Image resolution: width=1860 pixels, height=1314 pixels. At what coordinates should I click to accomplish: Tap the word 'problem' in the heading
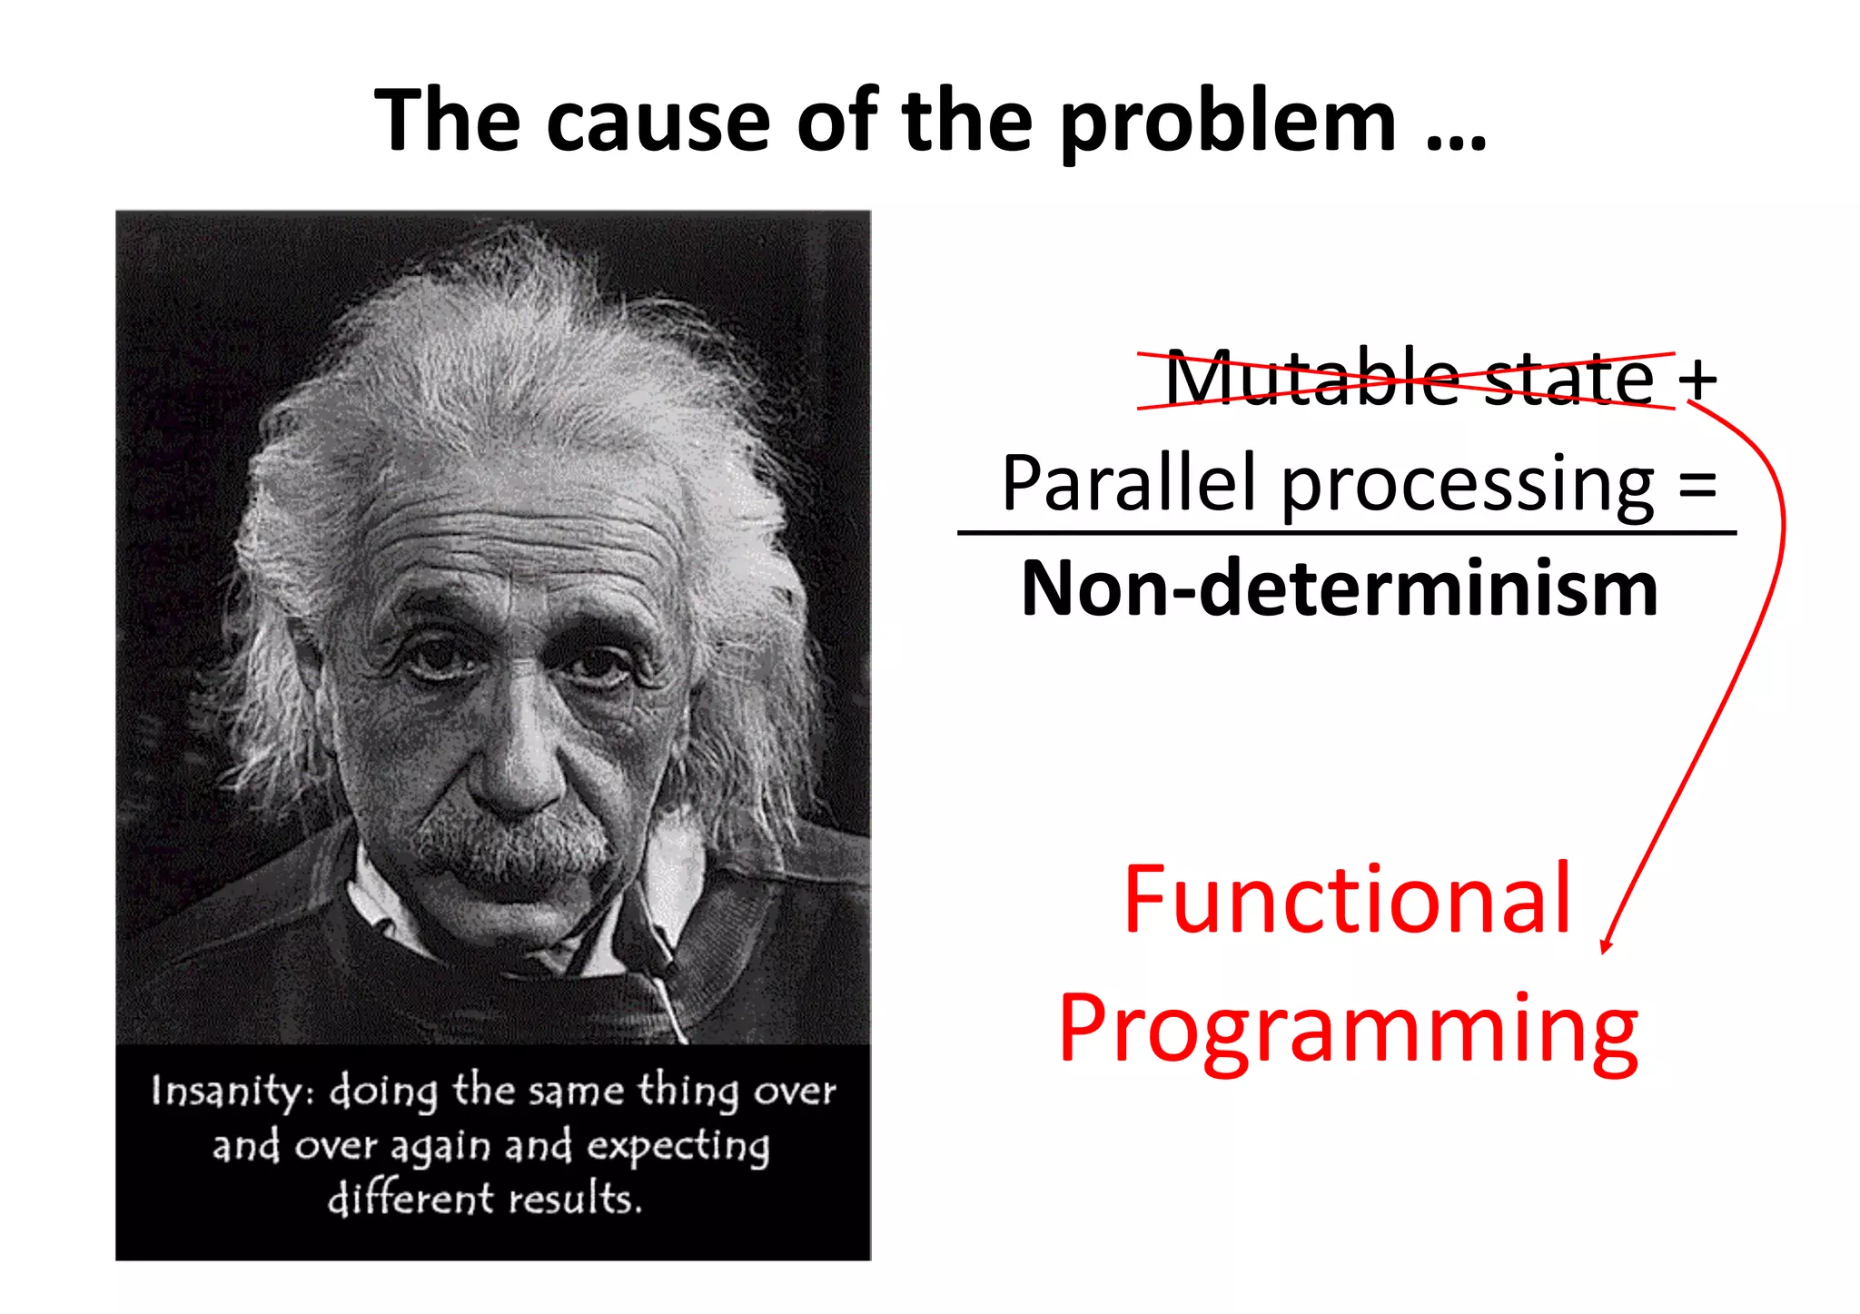(1227, 124)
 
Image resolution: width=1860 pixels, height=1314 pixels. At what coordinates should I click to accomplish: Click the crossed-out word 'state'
(1569, 380)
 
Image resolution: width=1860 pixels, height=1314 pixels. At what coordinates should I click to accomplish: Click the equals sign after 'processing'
(1697, 483)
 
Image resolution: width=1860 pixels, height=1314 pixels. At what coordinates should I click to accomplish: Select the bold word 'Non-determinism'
(1339, 589)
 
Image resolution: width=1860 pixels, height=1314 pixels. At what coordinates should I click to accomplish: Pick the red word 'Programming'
(1348, 1031)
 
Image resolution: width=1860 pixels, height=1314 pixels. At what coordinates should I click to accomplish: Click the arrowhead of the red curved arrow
(1606, 946)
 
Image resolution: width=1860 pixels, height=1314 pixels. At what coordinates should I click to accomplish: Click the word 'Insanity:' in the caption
(232, 1091)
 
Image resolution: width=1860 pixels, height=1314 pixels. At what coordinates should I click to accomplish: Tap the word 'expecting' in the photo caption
(678, 1146)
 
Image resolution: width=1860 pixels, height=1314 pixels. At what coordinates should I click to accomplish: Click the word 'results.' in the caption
(575, 1199)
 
